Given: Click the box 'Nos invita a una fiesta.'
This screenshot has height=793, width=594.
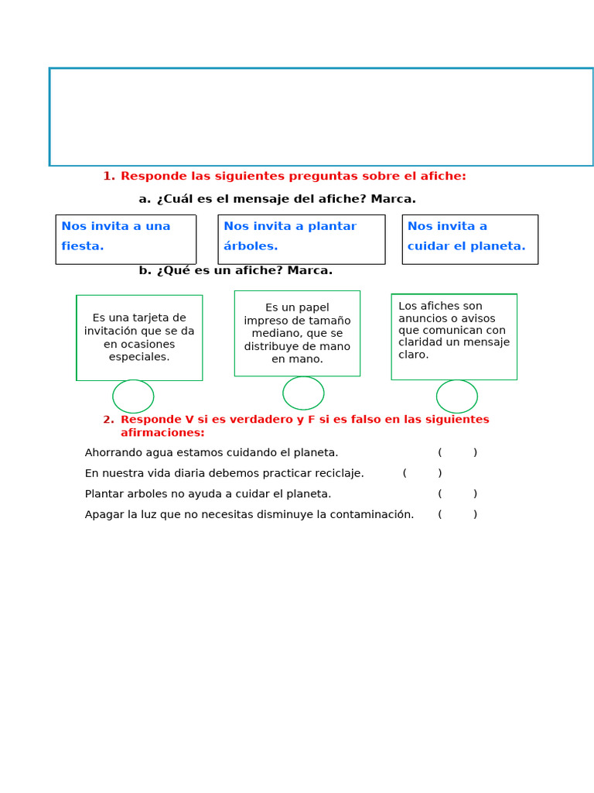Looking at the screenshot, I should click(125, 239).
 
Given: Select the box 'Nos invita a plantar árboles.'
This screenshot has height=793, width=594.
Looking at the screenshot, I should click(301, 239).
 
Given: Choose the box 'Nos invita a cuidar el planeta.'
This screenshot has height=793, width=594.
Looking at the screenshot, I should click(469, 239).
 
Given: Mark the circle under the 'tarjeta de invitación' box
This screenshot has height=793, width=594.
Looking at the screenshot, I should click(133, 396).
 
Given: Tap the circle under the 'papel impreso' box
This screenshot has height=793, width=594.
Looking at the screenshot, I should click(303, 393).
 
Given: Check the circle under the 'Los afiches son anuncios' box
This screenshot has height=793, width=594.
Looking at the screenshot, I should click(457, 396).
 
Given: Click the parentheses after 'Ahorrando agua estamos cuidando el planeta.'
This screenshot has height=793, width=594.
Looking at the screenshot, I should click(457, 453).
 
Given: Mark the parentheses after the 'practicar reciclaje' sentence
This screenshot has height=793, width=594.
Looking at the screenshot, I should click(422, 473).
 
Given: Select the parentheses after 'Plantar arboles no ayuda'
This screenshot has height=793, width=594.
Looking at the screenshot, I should click(457, 494).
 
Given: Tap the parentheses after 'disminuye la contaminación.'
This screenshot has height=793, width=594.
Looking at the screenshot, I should click(457, 514).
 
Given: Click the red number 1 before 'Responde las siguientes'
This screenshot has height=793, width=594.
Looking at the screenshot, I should click(108, 177).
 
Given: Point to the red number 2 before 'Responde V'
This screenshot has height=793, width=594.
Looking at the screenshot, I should click(108, 420).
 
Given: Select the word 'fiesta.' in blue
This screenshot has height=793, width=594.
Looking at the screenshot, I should click(83, 246).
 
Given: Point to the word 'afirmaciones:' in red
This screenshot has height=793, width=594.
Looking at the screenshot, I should click(162, 433).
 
